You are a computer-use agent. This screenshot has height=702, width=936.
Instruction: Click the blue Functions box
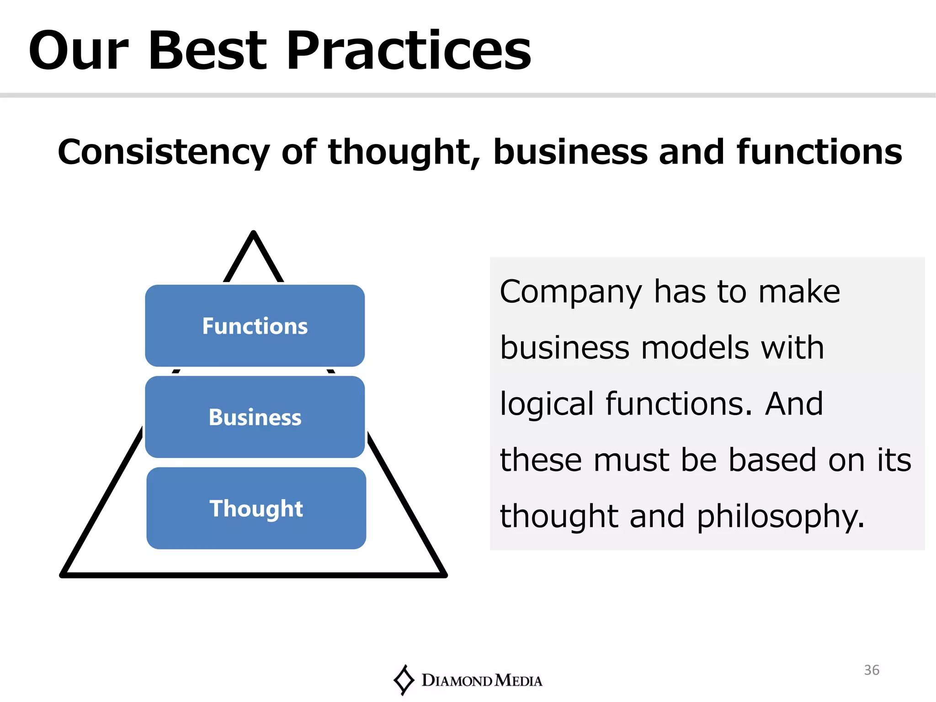(x=255, y=326)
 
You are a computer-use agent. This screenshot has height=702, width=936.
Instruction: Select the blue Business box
(x=255, y=417)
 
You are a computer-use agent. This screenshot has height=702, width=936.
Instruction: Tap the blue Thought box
(x=256, y=508)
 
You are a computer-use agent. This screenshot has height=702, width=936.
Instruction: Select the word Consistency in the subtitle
(x=164, y=152)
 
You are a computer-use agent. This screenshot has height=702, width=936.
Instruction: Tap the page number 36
(x=872, y=670)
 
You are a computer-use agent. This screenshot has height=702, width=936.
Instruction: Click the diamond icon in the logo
(x=404, y=680)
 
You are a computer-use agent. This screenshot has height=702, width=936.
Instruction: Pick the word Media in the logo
(x=518, y=681)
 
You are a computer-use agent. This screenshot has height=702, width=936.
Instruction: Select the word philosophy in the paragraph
(x=780, y=516)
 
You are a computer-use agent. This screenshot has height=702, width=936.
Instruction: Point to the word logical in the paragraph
(x=547, y=404)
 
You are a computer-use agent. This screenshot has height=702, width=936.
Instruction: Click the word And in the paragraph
(x=794, y=404)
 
